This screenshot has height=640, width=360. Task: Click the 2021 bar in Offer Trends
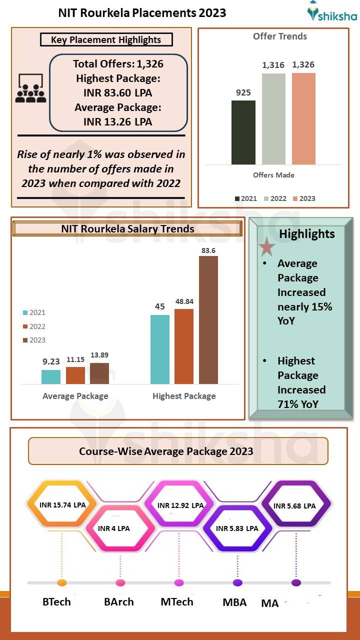tap(243, 132)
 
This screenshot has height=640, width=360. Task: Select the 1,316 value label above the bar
tap(273, 65)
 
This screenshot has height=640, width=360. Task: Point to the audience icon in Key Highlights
tap(30, 89)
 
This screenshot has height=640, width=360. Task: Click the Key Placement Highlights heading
tap(106, 40)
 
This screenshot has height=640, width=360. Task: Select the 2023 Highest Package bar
tap(208, 320)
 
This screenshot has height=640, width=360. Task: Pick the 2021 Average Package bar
tap(51, 377)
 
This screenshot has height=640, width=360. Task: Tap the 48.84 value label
tap(184, 302)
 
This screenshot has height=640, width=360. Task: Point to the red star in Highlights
tap(267, 247)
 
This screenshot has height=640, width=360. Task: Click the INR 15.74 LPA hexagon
tap(62, 505)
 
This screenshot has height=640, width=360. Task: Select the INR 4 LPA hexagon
tap(114, 528)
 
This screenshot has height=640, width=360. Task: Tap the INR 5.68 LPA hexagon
tap(295, 505)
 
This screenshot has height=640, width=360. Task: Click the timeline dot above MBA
tap(237, 582)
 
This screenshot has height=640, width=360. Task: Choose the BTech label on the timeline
tap(56, 601)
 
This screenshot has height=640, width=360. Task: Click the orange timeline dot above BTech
tap(62, 582)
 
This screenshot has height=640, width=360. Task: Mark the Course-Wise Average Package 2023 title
tap(166, 451)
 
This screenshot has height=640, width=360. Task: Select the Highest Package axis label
tap(184, 396)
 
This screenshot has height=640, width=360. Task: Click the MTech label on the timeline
tap(176, 601)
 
